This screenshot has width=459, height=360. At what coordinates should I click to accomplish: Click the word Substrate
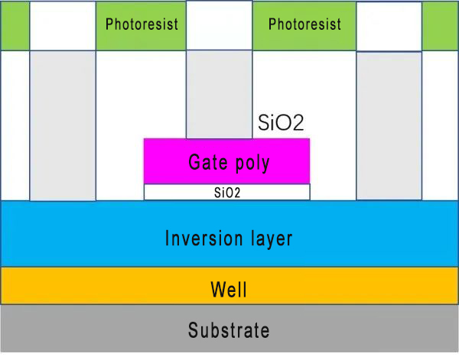pos(229,331)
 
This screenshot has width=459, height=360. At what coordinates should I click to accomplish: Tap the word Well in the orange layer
pos(229,290)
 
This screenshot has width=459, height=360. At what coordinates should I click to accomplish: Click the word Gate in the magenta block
pos(206,163)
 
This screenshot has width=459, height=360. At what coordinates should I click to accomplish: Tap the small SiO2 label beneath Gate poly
pos(226,193)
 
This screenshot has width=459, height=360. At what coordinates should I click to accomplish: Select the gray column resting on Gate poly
pos(219,94)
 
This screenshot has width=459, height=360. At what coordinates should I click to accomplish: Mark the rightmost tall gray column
pos(389,126)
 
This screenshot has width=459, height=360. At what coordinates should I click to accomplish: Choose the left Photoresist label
pos(142,24)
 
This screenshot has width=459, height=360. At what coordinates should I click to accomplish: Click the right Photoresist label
pos(304,24)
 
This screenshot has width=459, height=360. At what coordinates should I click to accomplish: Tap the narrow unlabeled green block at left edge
pos(15,25)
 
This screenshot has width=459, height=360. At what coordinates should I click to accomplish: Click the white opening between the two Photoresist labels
pos(219,25)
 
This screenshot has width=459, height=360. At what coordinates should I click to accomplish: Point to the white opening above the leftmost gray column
pos(62,25)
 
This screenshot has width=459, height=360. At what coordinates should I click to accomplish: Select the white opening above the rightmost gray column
pos(389,26)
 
